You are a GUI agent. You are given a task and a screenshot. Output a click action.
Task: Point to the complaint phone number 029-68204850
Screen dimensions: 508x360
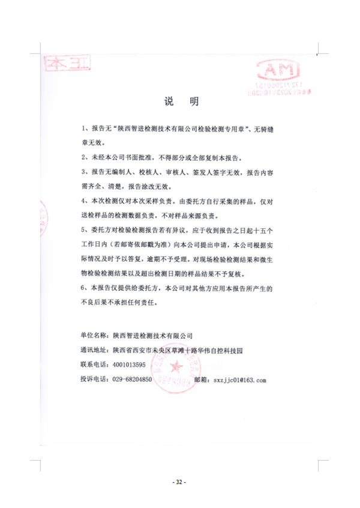coord(133,379)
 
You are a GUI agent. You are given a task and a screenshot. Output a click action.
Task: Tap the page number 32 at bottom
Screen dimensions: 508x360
coord(179,482)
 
